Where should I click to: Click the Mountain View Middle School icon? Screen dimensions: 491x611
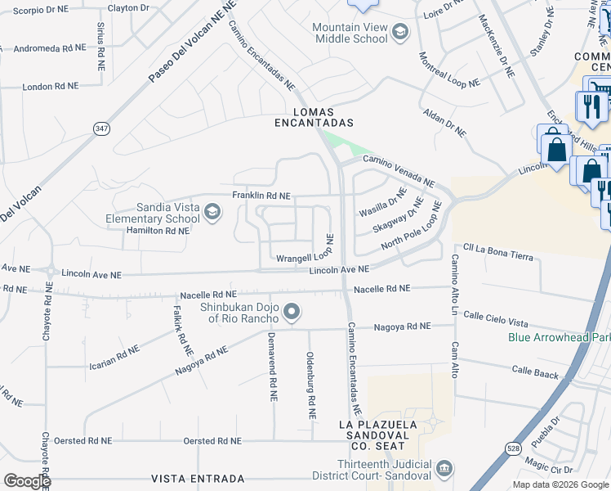[399, 33]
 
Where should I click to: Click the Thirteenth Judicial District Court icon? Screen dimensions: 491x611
[444, 468]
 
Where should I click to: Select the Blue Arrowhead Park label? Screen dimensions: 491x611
[559, 337]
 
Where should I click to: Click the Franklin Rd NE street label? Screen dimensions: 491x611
[261, 196]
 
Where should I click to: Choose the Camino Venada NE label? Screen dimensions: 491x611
[399, 171]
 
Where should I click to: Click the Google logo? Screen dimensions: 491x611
[27, 481]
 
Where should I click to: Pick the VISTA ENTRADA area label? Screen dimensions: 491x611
[197, 478]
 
